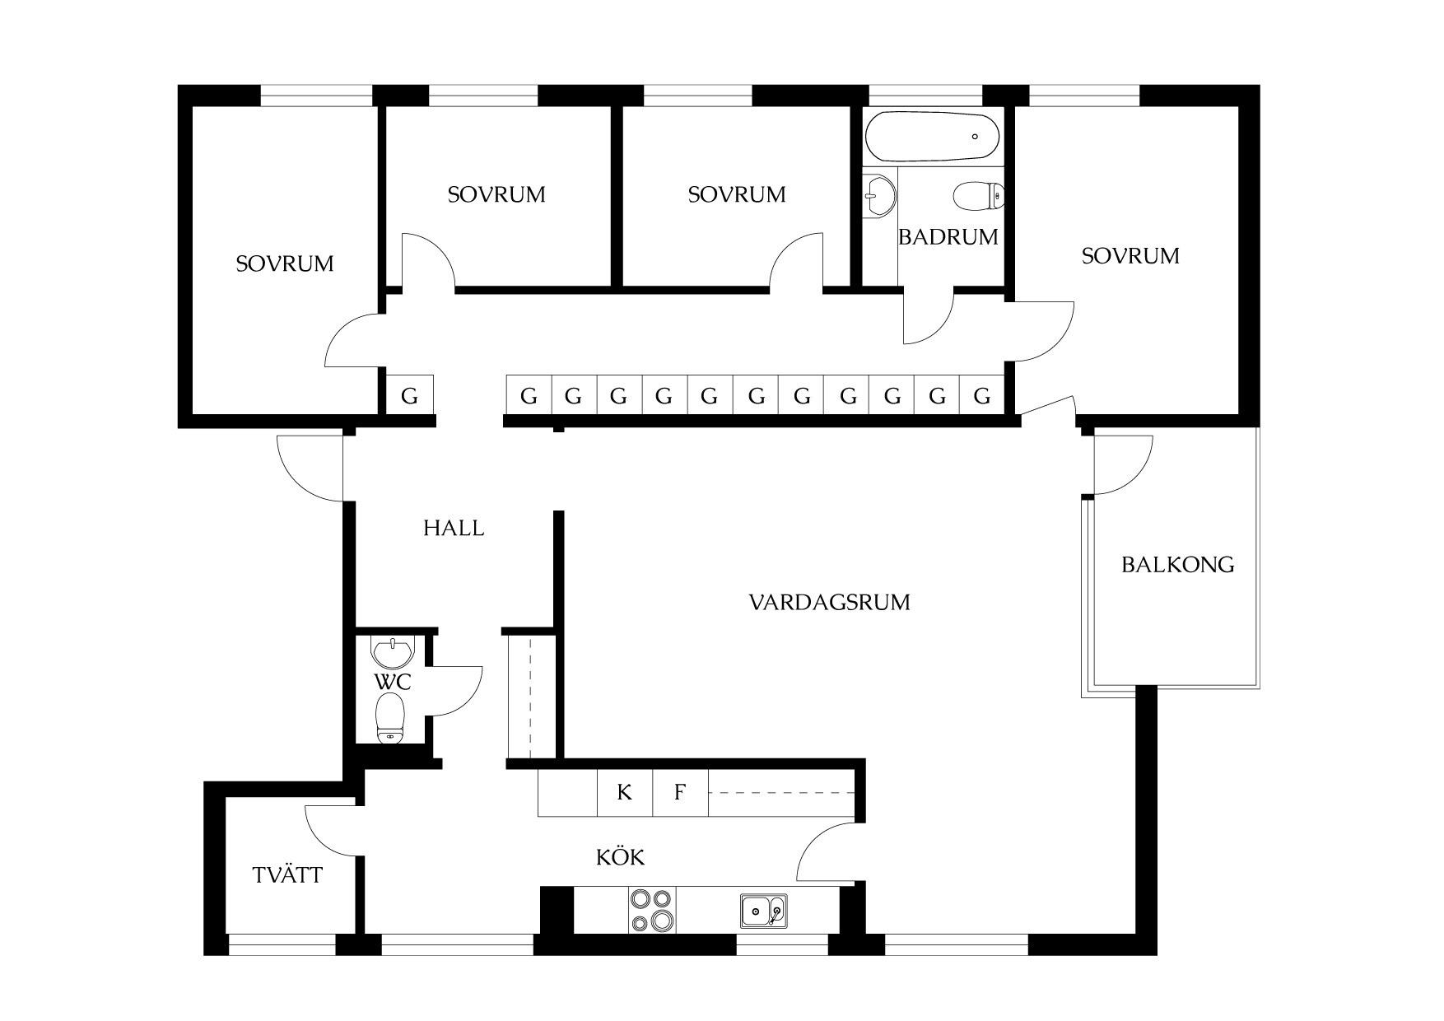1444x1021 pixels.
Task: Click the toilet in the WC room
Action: pos(390,717)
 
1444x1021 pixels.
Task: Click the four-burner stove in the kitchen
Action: pos(652,910)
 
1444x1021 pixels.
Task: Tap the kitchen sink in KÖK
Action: pos(763,911)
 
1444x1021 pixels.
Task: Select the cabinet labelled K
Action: pos(625,793)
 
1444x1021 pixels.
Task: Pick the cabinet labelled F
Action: pos(680,793)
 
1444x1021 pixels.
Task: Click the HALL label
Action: pos(454,528)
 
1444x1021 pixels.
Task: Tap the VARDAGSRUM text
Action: pos(829,602)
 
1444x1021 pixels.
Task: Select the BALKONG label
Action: pos(1178,565)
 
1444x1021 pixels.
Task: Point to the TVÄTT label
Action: pos(287,874)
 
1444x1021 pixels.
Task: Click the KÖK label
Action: pos(620,857)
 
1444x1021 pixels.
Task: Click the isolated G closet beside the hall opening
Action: pos(409,396)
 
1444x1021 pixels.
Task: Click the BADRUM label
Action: pos(948,237)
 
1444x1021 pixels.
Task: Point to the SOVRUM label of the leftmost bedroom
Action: pos(285,263)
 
